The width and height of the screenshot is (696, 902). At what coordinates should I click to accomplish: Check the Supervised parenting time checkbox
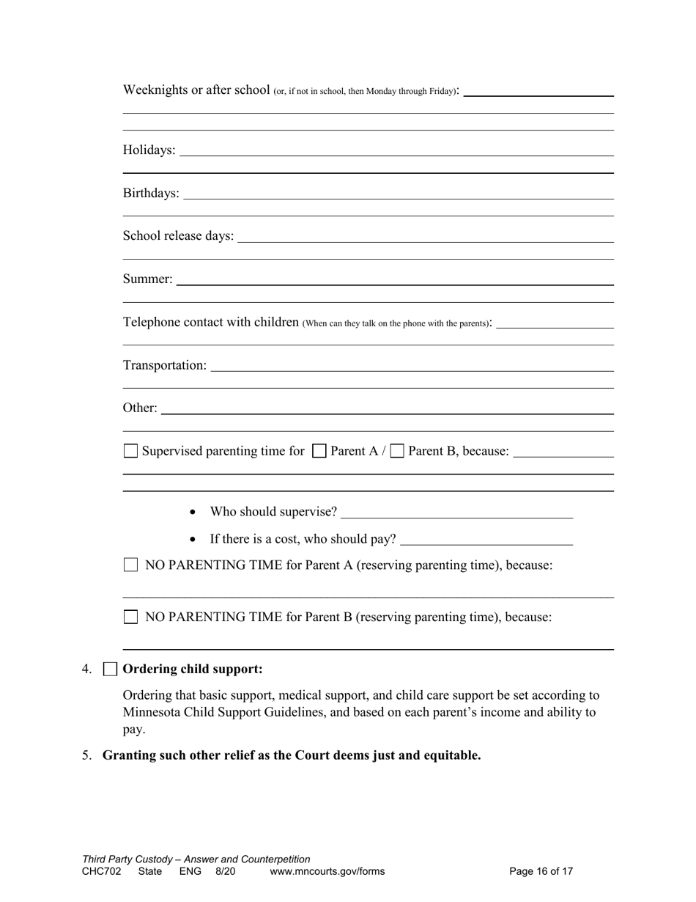(x=130, y=451)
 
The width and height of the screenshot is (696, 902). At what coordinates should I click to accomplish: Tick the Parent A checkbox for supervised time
(x=319, y=451)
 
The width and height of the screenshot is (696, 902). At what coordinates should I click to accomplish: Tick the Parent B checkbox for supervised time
(x=397, y=451)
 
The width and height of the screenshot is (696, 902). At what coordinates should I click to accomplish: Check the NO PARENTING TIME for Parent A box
(x=130, y=565)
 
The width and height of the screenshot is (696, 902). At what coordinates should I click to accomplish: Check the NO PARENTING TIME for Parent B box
(x=130, y=617)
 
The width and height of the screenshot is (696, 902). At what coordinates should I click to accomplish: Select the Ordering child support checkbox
(x=110, y=669)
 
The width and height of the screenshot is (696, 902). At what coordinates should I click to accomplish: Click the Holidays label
(x=149, y=150)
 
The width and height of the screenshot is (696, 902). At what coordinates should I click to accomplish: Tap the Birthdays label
(x=151, y=193)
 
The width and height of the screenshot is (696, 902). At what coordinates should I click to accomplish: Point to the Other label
(x=139, y=408)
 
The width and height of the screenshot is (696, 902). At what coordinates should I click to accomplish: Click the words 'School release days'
(x=178, y=236)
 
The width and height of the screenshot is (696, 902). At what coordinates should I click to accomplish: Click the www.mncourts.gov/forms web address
(x=327, y=871)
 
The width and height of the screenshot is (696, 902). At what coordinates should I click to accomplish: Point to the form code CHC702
(x=101, y=871)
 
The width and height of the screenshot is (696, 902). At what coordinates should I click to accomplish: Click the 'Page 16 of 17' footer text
(x=541, y=871)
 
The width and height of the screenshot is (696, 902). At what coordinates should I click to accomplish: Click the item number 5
(x=86, y=755)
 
